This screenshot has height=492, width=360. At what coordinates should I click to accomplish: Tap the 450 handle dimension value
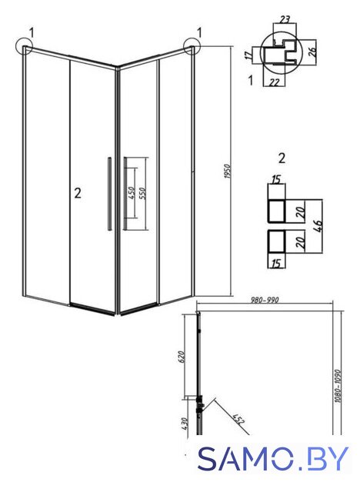pos(132,193)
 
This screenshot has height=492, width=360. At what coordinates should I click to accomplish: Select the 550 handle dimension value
pos(142,194)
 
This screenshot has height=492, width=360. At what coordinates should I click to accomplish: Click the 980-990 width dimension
pos(265,300)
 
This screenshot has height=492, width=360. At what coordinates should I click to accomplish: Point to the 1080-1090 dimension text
pos(338,386)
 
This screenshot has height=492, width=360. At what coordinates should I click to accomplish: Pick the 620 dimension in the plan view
pos(182,357)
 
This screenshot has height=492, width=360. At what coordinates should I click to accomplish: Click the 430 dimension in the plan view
pos(185,424)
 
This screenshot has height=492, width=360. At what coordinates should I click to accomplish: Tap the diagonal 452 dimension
pos(238,419)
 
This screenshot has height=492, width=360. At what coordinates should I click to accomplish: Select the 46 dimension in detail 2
pos(318,226)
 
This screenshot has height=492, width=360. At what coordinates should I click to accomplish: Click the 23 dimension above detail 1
pos(285,19)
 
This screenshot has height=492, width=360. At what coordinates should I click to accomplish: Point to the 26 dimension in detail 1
pos(312,52)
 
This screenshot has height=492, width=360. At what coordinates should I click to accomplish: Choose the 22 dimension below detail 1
pos(275,82)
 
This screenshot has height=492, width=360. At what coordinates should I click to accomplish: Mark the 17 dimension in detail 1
pos(248,55)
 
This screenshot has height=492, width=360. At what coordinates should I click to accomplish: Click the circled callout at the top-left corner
pos(24,46)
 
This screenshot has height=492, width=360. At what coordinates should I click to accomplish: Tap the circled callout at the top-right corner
pos(192,46)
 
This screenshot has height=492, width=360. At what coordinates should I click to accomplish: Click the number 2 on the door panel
pos(78,193)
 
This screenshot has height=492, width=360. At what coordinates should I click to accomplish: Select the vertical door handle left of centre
pos(109,194)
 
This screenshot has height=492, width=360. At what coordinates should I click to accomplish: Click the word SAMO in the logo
pos(245,459)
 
